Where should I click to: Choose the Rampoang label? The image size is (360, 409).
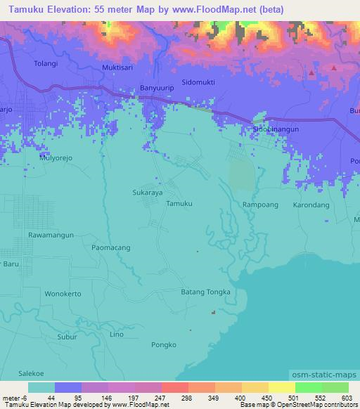click(x=260, y=204)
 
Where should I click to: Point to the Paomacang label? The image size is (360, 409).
click(x=111, y=247)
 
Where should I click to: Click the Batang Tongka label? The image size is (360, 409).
click(x=205, y=292)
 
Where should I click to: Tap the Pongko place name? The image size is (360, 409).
click(x=165, y=344)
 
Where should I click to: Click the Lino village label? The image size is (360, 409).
click(x=117, y=335)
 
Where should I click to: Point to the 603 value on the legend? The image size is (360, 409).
click(x=345, y=398)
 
